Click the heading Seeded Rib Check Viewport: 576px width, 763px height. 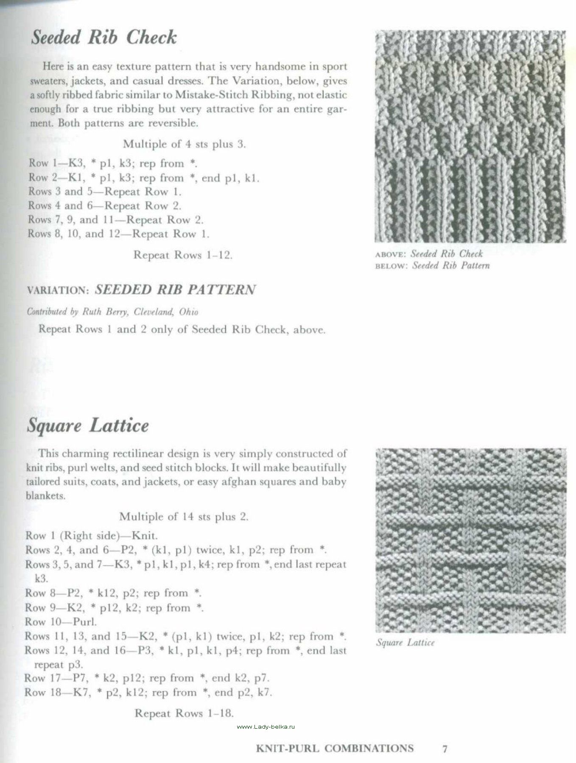(x=104, y=38)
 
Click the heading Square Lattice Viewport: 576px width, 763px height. (x=88, y=426)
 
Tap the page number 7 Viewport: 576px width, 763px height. (x=445, y=748)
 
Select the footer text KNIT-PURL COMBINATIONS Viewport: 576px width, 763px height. (x=335, y=748)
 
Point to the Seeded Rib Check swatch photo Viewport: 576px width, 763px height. (x=470, y=136)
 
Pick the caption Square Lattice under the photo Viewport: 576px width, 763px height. (x=405, y=643)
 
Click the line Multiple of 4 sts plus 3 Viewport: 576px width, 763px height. (x=185, y=144)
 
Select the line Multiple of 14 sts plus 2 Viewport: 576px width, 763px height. (x=184, y=517)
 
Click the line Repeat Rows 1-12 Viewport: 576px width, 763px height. (x=183, y=255)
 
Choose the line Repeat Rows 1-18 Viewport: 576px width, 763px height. (x=184, y=713)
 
